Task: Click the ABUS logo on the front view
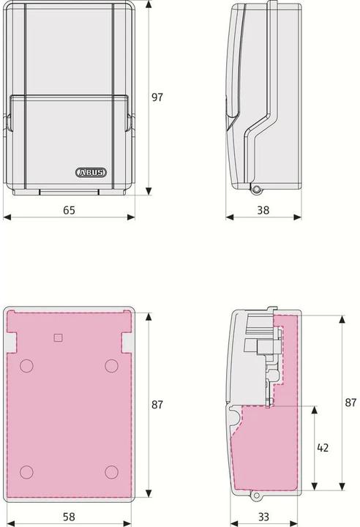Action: click(x=91, y=173)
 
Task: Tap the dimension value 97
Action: click(x=157, y=97)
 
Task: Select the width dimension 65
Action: click(x=69, y=210)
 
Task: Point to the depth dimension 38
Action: click(x=263, y=210)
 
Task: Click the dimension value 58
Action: click(x=69, y=517)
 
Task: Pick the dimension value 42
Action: click(x=323, y=448)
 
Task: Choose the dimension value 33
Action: click(x=263, y=517)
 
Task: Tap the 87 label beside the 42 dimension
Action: click(x=350, y=403)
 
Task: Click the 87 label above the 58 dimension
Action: click(x=157, y=405)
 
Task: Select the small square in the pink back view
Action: click(x=58, y=337)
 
